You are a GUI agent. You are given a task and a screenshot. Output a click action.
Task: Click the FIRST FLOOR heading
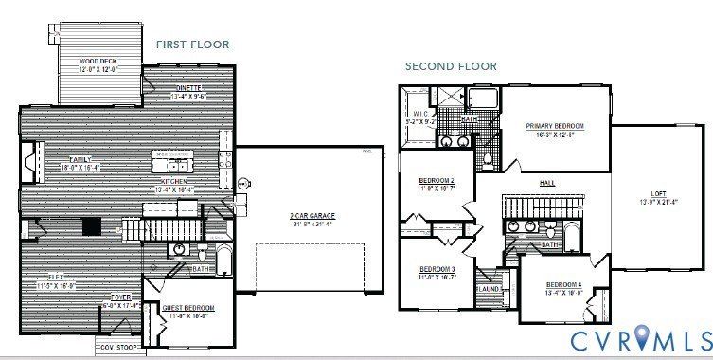pyautogui.click(x=192, y=45)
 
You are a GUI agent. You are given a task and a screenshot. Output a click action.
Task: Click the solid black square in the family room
pyautogui.click(x=92, y=225)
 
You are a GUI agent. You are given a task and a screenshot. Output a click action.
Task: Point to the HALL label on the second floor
pyautogui.click(x=547, y=183)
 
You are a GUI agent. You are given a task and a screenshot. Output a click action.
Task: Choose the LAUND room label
pyautogui.click(x=488, y=289)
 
